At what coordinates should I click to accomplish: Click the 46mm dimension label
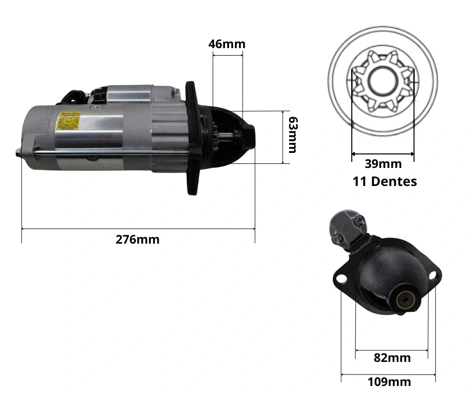click(227, 44)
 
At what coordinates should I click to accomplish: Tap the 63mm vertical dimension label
click(293, 135)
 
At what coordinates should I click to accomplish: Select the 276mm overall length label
click(138, 240)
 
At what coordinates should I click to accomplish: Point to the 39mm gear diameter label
click(383, 164)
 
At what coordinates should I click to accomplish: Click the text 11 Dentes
click(384, 181)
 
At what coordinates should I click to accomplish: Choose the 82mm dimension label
click(392, 358)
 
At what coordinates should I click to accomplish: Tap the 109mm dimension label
click(389, 382)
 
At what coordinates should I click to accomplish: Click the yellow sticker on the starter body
click(69, 120)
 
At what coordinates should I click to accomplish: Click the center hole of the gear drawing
click(383, 81)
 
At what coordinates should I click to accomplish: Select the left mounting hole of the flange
click(341, 279)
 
